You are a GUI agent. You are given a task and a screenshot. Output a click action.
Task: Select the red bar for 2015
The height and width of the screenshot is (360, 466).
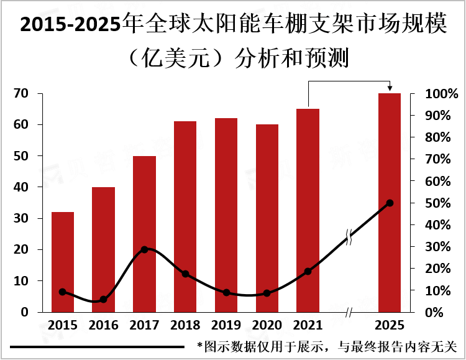click(63, 262)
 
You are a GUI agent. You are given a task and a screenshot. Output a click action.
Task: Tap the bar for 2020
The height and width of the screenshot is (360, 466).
click(267, 218)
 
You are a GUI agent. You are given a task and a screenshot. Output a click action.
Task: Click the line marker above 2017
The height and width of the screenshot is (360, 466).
click(144, 249)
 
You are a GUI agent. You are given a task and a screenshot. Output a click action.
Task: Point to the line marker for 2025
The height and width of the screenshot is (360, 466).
click(390, 203)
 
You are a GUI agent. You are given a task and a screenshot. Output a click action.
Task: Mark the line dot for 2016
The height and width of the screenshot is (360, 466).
click(103, 300)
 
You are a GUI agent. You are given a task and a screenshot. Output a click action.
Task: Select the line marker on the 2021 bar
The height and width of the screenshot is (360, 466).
click(308, 272)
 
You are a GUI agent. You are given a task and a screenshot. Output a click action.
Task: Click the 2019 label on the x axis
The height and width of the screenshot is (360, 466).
click(226, 325)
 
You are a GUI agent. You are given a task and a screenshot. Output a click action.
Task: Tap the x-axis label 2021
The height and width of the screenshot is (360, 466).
click(308, 325)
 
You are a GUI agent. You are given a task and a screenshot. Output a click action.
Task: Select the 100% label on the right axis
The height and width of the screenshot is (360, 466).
click(442, 94)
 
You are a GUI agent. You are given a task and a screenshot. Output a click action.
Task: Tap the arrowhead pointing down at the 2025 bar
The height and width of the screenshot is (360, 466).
click(390, 89)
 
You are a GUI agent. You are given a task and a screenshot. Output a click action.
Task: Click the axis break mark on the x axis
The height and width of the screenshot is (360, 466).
click(349, 312)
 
